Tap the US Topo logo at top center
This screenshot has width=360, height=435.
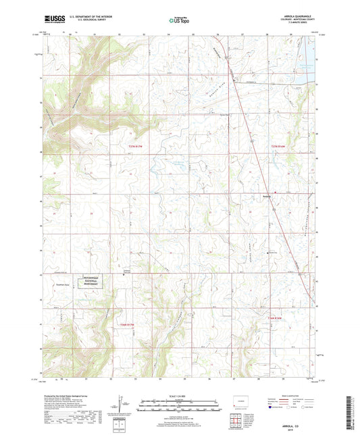pyautogui.click(x=177, y=20)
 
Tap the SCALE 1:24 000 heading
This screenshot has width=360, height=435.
pyautogui.click(x=180, y=395)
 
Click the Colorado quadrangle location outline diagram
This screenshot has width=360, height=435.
pyautogui.click(x=240, y=401)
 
